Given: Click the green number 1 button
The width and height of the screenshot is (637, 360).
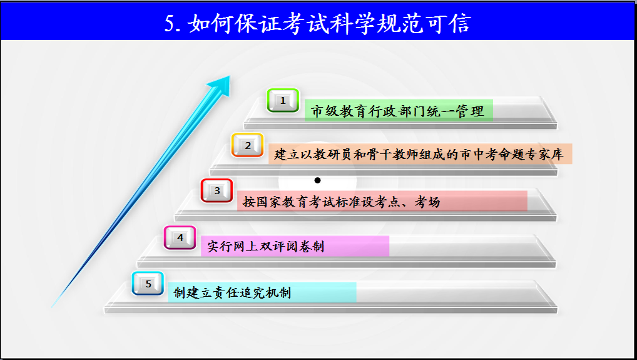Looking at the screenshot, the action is [283, 100].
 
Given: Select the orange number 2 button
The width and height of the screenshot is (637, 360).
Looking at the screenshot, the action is [247, 145].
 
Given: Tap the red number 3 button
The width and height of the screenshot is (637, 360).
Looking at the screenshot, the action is [217, 190].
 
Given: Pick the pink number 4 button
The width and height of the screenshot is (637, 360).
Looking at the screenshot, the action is [180, 238].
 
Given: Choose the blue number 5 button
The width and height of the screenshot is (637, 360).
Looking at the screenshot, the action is [148, 284].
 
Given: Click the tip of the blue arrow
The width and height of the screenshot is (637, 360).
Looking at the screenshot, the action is [230, 76].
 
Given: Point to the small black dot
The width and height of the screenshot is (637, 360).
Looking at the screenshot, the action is [318, 180].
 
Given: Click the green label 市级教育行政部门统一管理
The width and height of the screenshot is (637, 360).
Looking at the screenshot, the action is [399, 111].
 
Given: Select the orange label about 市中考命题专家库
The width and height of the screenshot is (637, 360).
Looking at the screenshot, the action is [420, 154].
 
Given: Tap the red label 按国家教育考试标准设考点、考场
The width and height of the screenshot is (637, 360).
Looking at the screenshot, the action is [382, 201].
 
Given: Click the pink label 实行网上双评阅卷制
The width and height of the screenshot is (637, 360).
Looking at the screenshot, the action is [295, 246].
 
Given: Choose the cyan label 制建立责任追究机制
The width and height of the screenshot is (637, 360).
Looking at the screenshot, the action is [262, 292].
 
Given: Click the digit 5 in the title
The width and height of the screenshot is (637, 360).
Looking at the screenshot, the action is [171, 23].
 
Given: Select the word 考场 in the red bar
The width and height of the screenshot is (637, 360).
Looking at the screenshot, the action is [427, 202].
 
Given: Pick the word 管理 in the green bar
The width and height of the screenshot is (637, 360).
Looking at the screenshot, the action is [471, 111].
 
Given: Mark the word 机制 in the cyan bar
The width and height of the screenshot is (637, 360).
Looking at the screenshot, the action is [278, 292].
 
